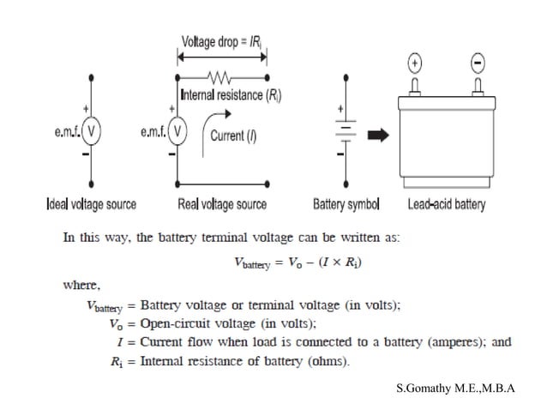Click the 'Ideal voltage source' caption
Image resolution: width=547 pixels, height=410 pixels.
pyautogui.click(x=90, y=205)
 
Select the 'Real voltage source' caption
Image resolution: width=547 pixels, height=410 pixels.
pyautogui.click(x=222, y=205)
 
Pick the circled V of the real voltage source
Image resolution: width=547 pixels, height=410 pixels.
pyautogui.click(x=177, y=132)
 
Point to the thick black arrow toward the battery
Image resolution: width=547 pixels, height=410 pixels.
pyautogui.click(x=378, y=136)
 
